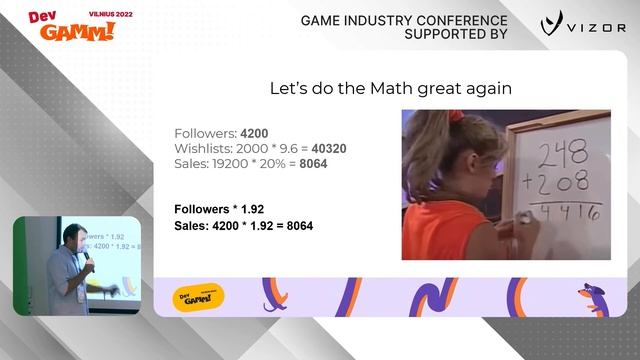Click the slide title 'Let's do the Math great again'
click(x=391, y=88)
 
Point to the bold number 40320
click(x=329, y=149)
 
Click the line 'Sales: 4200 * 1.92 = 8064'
click(x=244, y=226)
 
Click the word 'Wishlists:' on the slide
click(x=199, y=149)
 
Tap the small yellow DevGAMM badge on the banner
click(x=199, y=296)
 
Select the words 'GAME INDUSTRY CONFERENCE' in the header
click(x=404, y=20)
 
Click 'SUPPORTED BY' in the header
click(x=455, y=34)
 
